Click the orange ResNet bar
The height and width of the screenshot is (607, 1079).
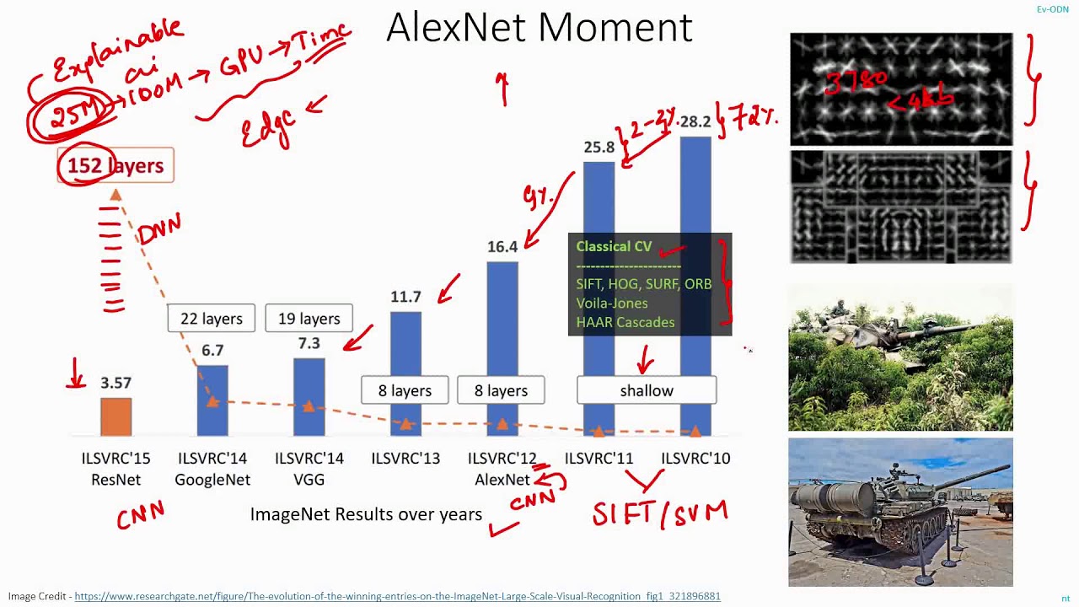pos(115,416)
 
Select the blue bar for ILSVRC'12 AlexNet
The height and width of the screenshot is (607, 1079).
pos(502,320)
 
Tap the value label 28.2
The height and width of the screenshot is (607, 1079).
pos(695,122)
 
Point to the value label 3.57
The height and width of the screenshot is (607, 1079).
pos(115,383)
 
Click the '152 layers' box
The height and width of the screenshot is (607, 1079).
pos(115,165)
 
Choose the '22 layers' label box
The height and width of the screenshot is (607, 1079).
pos(211,319)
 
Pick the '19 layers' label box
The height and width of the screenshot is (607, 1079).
pos(309,319)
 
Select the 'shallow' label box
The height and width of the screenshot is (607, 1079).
pos(647,390)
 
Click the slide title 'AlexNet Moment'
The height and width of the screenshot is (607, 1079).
pos(539,28)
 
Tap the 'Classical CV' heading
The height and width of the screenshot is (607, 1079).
pos(614,246)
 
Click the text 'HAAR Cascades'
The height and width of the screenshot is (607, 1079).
pos(625,322)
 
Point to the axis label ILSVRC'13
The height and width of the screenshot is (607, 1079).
pos(405,459)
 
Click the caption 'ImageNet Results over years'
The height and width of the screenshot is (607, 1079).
pos(366,514)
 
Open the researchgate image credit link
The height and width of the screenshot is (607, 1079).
pos(397,596)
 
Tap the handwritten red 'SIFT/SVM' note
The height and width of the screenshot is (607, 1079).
pos(659,513)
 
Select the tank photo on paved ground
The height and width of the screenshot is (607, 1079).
pos(900,512)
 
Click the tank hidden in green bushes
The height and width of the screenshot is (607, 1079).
pos(900,358)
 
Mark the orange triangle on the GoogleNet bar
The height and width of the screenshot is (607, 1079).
pos(212,401)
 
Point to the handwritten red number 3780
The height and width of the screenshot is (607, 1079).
pos(856,83)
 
